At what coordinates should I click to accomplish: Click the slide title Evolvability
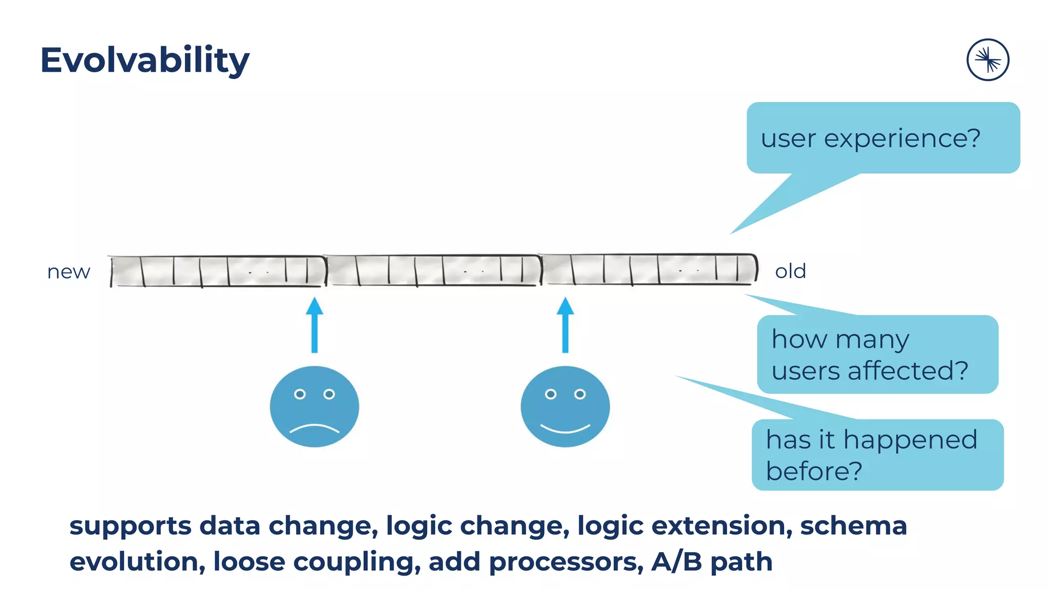point(144,60)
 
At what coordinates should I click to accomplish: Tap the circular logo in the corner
point(988,60)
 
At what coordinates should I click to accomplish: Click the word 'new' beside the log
point(69,272)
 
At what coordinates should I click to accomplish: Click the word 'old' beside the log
point(790,271)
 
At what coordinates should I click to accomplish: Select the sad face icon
point(314,406)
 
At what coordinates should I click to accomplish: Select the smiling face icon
point(565,406)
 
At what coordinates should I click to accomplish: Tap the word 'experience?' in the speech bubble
point(901,139)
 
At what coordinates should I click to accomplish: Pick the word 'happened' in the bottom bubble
point(910,440)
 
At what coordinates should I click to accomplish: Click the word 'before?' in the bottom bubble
point(814,471)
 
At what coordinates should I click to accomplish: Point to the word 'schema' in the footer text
point(853,526)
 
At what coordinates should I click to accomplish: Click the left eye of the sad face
point(300,394)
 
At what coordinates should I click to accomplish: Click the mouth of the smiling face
point(565,428)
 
